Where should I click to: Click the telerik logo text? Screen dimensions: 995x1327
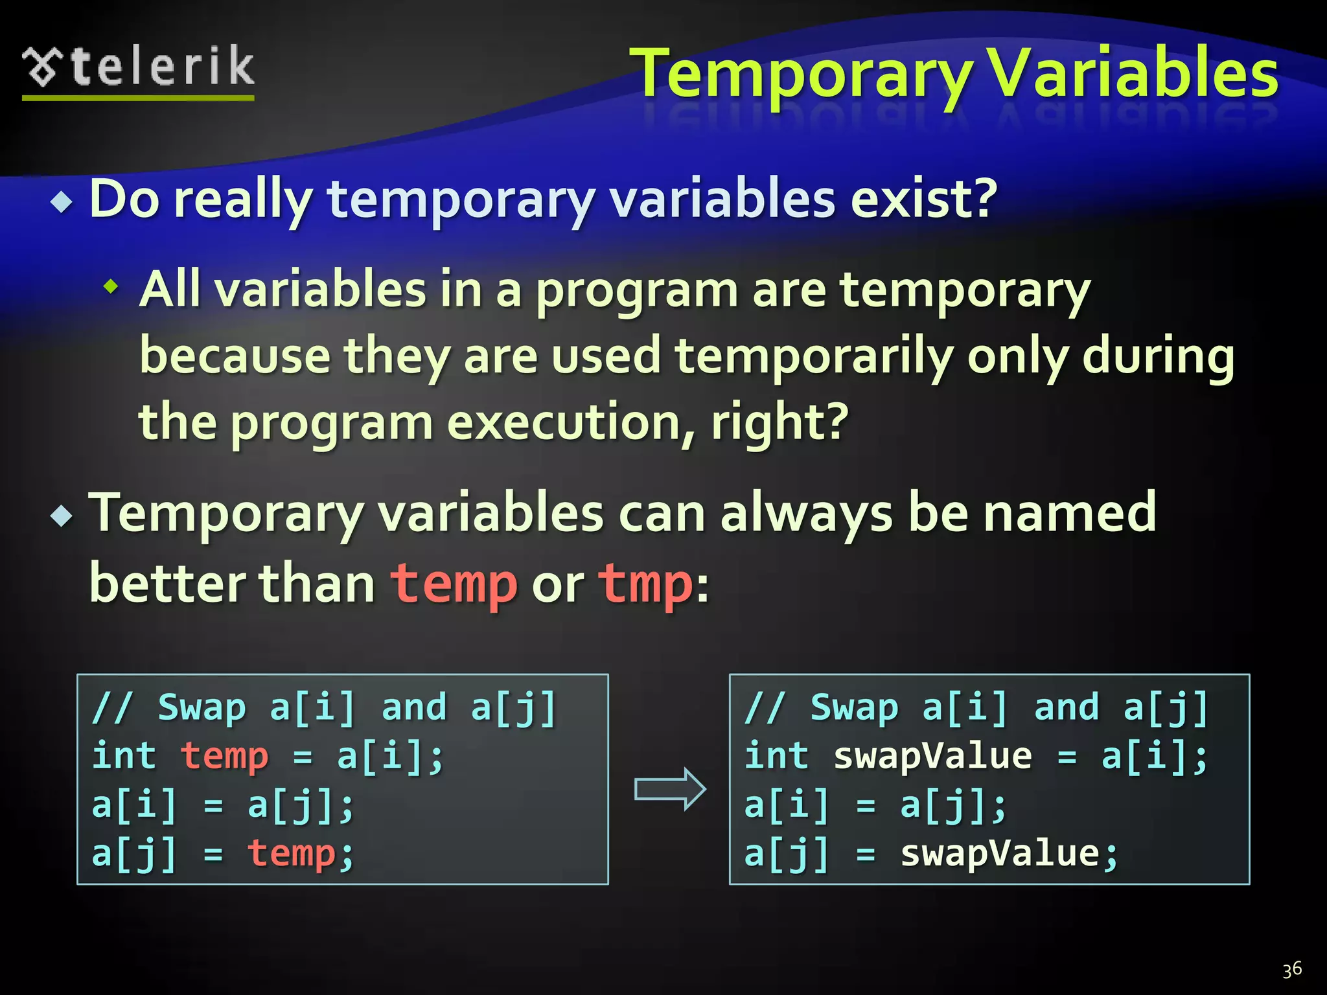click(162, 67)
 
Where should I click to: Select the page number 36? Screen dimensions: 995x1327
click(1291, 969)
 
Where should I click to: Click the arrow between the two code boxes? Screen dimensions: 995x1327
click(669, 790)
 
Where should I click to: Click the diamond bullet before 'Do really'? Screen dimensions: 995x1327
click(62, 203)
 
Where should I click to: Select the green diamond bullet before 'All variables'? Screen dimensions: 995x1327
click(111, 286)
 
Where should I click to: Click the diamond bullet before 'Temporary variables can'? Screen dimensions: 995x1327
click(62, 516)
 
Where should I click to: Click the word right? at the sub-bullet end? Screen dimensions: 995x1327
click(780, 422)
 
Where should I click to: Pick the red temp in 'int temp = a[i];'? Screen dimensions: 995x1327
click(224, 756)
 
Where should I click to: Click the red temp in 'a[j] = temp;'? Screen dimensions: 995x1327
click(292, 853)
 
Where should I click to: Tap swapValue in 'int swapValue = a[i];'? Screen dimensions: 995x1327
click(932, 756)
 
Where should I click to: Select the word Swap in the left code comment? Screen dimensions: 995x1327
click(202, 707)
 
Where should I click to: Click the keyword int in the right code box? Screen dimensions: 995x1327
click(776, 756)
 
